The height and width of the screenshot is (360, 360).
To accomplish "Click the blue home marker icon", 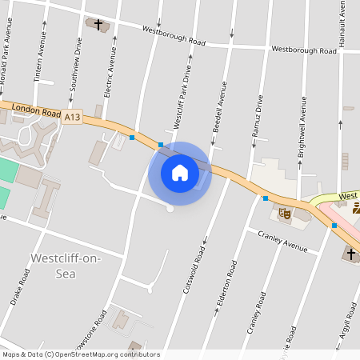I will pyautogui.click(x=180, y=173).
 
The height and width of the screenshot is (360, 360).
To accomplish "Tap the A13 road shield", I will pyautogui.click(x=73, y=117).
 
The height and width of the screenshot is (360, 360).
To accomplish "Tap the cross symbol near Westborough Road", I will pyautogui.click(x=99, y=25).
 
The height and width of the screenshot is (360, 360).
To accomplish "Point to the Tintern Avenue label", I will pyautogui.click(x=41, y=61).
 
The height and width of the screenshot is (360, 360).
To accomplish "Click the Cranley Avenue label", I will pyautogui.click(x=282, y=240).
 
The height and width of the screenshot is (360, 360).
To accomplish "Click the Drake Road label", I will pyautogui.click(x=21, y=286).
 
